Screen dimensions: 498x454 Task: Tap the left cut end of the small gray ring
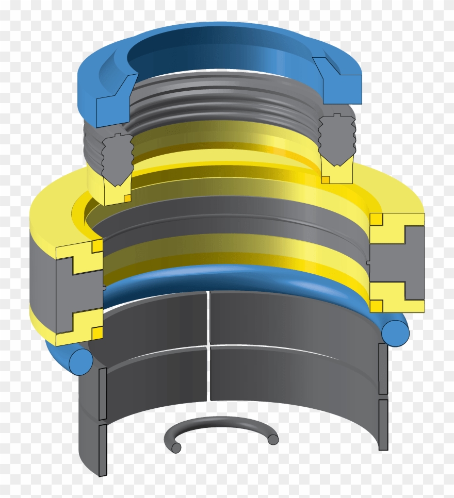click(x=176, y=448)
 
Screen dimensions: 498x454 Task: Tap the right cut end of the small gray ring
click(x=273, y=439)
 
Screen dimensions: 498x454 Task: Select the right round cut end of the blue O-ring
click(x=395, y=332)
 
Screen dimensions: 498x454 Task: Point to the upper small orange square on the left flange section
click(x=97, y=246)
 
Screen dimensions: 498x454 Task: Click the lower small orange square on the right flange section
click(x=377, y=306)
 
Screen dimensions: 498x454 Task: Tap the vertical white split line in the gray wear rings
click(x=208, y=345)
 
